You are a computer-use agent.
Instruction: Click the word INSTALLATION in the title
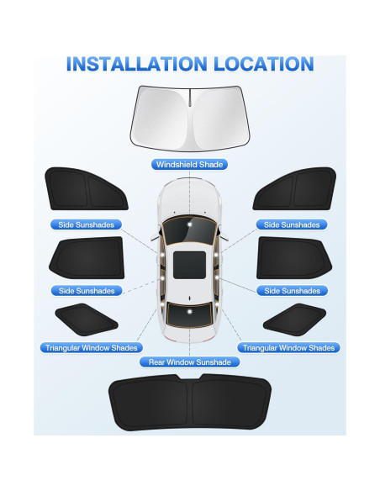(131, 64)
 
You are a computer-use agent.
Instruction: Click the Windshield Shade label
(189, 164)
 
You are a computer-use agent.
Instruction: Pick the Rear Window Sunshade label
(189, 362)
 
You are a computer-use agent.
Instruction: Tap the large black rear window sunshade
(189, 403)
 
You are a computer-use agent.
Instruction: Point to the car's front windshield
(189, 226)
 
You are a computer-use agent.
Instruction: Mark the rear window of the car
(189, 312)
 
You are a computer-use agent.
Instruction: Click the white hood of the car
(189, 202)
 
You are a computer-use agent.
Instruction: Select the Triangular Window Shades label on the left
(90, 347)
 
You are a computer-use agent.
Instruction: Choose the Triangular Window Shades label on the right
(288, 347)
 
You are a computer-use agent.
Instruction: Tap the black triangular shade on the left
(86, 319)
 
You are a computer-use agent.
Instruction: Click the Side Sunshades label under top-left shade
(87, 224)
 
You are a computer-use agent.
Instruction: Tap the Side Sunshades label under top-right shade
(292, 224)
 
